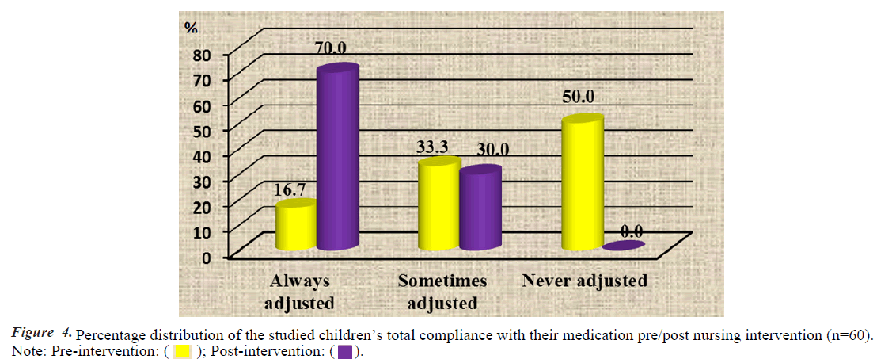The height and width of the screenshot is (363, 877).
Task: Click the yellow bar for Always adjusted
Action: click(x=296, y=227)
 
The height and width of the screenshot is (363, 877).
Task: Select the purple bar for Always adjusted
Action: click(x=337, y=159)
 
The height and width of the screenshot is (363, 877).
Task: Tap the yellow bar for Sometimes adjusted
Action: click(x=438, y=206)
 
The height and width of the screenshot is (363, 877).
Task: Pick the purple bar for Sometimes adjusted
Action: click(x=480, y=211)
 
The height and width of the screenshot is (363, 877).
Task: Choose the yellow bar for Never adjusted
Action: click(x=582, y=185)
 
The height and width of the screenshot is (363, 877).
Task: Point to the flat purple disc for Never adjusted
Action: click(x=622, y=246)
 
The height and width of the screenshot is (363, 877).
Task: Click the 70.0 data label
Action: click(x=332, y=49)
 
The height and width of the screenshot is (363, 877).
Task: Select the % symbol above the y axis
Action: click(x=191, y=28)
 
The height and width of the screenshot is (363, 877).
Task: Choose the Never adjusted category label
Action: click(x=584, y=281)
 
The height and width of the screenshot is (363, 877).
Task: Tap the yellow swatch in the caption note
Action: click(x=184, y=351)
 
